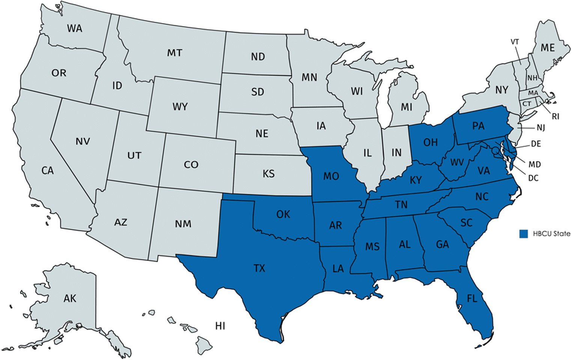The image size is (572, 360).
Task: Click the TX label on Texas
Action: [259, 268]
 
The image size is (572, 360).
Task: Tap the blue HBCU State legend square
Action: [524, 234]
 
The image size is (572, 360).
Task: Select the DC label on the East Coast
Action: [533, 178]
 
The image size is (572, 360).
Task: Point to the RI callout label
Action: [555, 116]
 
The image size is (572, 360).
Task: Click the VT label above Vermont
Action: [515, 42]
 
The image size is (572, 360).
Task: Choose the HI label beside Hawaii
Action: [220, 325]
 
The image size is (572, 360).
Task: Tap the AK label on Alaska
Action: [70, 298]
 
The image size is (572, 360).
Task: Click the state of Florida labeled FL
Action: [472, 298]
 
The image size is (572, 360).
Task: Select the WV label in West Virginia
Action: [457, 163]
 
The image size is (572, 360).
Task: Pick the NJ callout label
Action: [540, 128]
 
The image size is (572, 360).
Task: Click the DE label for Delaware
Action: [536, 144]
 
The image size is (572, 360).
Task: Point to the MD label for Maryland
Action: [534, 164]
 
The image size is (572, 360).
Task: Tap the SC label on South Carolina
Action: [466, 223]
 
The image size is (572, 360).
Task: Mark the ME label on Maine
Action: [548, 48]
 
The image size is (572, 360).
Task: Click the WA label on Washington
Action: [74, 28]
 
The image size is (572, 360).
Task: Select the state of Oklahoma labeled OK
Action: [283, 214]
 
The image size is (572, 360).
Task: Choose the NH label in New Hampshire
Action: [532, 78]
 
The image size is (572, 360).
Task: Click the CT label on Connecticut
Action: [527, 104]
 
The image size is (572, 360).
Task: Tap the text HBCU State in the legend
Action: [551, 234]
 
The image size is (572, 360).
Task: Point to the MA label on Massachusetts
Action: [533, 93]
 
